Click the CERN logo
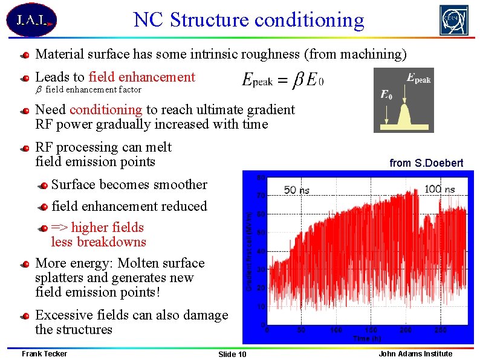453,21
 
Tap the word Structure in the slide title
210,20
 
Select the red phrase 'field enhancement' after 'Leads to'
141,77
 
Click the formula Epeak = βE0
282,80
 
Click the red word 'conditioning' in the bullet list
106,109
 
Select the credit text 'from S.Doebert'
426,163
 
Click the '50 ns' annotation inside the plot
297,190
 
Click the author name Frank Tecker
44,353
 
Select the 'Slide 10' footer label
232,354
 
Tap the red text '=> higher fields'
97,227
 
